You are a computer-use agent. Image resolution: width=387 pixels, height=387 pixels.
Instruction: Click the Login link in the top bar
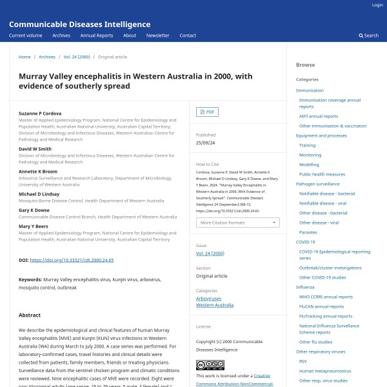[x=377, y=5]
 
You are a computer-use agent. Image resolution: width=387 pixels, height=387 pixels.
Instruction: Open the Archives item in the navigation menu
[x=61, y=35]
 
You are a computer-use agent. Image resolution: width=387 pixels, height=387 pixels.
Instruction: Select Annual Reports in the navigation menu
[x=96, y=35]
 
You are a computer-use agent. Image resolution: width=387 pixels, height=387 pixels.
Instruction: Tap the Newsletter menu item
[x=157, y=35]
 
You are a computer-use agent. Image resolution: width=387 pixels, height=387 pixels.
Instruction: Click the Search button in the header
[x=369, y=35]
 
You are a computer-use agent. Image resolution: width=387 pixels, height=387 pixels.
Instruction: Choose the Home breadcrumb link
[x=25, y=57]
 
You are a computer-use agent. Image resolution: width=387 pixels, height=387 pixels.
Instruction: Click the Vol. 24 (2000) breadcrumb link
[x=76, y=57]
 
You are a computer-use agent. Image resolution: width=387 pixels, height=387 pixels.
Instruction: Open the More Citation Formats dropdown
[x=237, y=223]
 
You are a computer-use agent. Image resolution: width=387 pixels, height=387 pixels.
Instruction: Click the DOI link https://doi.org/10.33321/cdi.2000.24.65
[x=72, y=260]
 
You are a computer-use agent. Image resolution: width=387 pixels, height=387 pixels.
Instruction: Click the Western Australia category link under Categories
[x=215, y=305]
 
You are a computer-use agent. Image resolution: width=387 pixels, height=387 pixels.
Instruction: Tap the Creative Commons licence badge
[x=210, y=365]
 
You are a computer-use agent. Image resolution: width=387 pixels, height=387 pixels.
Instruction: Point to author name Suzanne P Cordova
[x=40, y=114]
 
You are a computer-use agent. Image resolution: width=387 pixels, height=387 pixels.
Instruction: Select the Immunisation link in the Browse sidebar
[x=310, y=90]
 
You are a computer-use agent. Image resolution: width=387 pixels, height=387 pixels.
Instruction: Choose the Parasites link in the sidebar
[x=308, y=232]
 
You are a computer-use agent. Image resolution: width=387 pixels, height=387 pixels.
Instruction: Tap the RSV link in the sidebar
[x=303, y=361]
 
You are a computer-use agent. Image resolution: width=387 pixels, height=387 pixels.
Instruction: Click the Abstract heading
[x=30, y=315]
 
